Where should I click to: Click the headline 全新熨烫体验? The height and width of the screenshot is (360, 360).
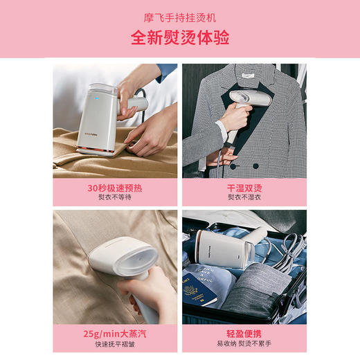click(x=180, y=37)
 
